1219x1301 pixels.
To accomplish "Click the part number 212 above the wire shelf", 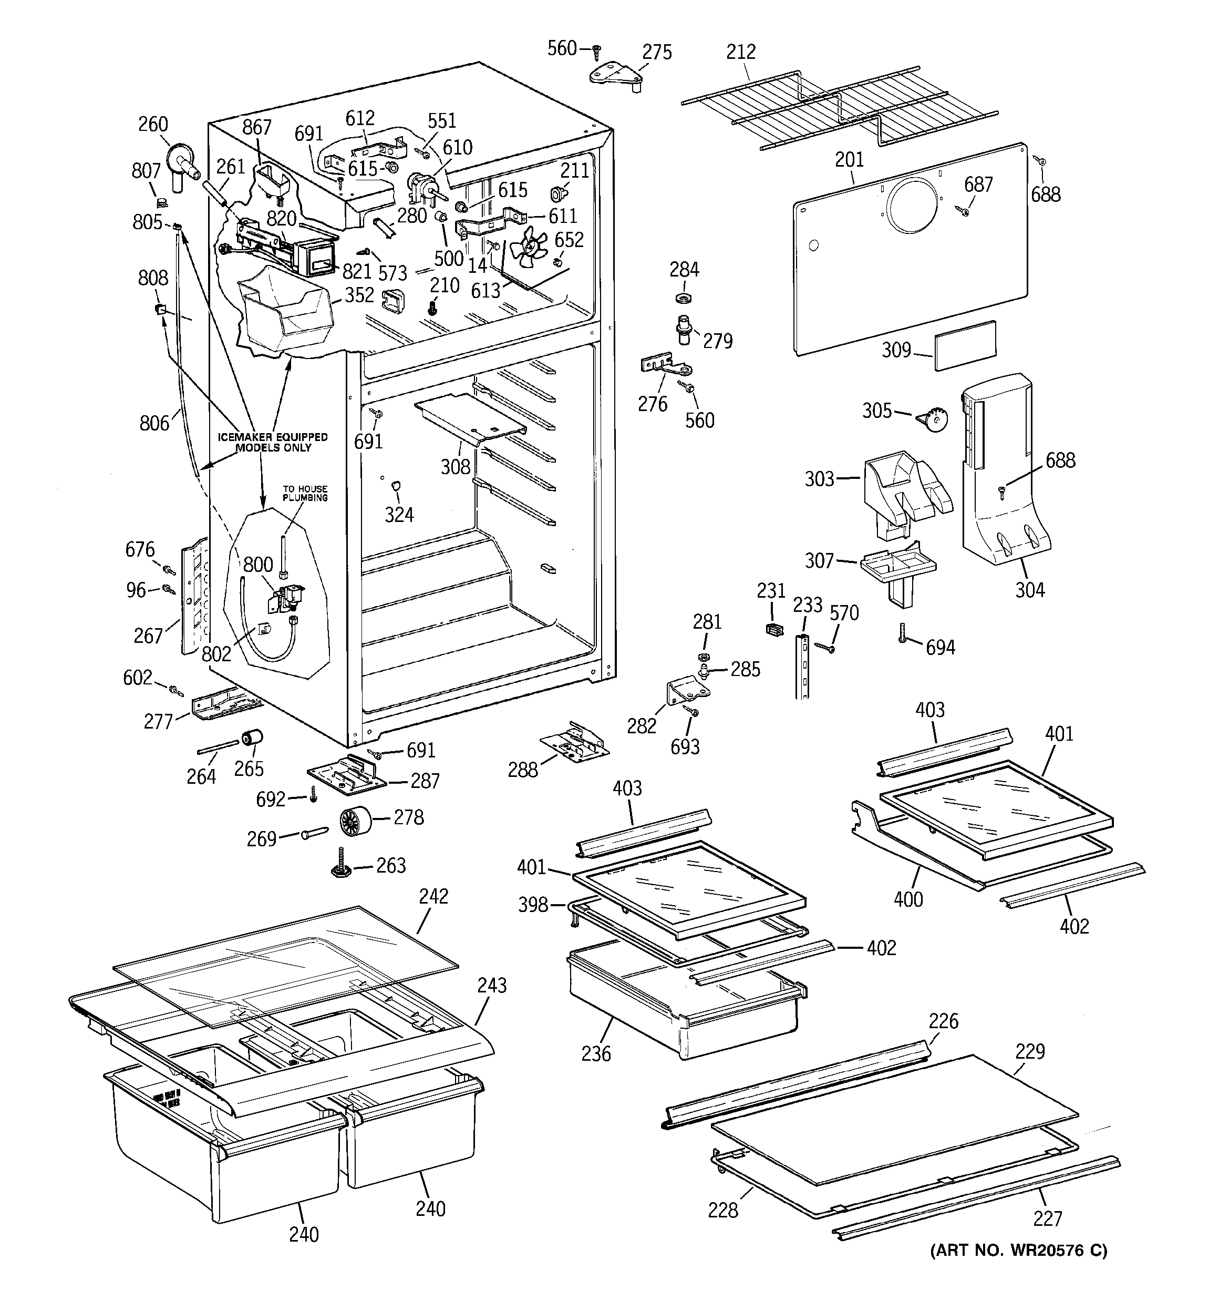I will pyautogui.click(x=741, y=52).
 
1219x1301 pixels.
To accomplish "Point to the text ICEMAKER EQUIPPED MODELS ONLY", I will pyautogui.click(x=273, y=443).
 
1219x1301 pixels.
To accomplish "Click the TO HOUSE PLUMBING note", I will pyautogui.click(x=305, y=493).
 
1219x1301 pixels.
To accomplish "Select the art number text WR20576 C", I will pyautogui.click(x=1019, y=1251).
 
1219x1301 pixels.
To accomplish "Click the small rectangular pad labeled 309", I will pyautogui.click(x=965, y=345).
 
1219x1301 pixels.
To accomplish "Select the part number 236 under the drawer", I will pyautogui.click(x=595, y=1053).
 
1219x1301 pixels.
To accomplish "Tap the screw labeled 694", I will pyautogui.click(x=903, y=633).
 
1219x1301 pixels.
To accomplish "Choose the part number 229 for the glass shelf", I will pyautogui.click(x=1029, y=1051).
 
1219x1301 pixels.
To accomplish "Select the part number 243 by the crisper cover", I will pyautogui.click(x=491, y=985).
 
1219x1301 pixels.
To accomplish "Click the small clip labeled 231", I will pyautogui.click(x=774, y=629).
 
